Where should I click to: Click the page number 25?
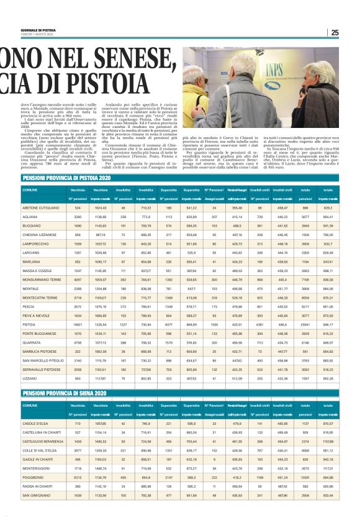335,33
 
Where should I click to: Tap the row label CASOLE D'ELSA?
35,423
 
